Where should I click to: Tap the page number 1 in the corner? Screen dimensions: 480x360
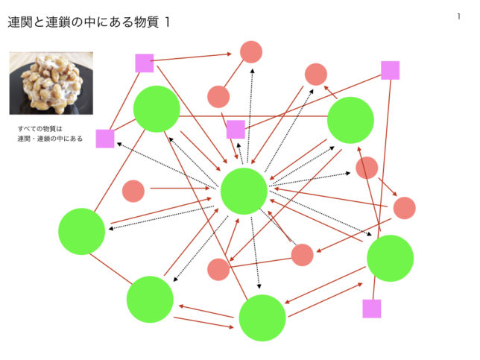pyautogui.click(x=458, y=16)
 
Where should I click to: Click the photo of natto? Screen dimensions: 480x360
pyautogui.click(x=51, y=83)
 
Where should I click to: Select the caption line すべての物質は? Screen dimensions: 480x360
pyautogui.click(x=40, y=128)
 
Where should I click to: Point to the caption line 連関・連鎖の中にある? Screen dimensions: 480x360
pyautogui.click(x=50, y=139)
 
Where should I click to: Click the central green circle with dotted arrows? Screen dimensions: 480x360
pyautogui.click(x=244, y=191)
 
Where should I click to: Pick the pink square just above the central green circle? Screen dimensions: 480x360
pyautogui.click(x=236, y=129)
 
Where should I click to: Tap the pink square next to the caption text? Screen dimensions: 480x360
pyautogui.click(x=105, y=139)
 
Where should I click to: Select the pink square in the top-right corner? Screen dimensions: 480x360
pyautogui.click(x=391, y=70)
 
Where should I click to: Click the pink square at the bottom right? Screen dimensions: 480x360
pyautogui.click(x=372, y=309)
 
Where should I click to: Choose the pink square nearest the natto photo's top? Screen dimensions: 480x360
pyautogui.click(x=145, y=63)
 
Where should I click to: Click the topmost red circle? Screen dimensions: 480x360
pyautogui.click(x=251, y=52)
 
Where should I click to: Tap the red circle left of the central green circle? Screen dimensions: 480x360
pyautogui.click(x=133, y=191)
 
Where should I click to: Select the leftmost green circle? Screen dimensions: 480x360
pyautogui.click(x=82, y=231)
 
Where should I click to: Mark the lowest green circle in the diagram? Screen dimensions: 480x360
pyautogui.click(x=262, y=318)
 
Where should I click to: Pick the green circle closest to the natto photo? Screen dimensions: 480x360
pyautogui.click(x=157, y=109)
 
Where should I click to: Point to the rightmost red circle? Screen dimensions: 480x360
pyautogui.click(x=405, y=208)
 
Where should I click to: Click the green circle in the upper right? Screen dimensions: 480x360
pyautogui.click(x=350, y=120)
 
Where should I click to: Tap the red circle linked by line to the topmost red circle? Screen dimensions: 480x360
pyautogui.click(x=218, y=97)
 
